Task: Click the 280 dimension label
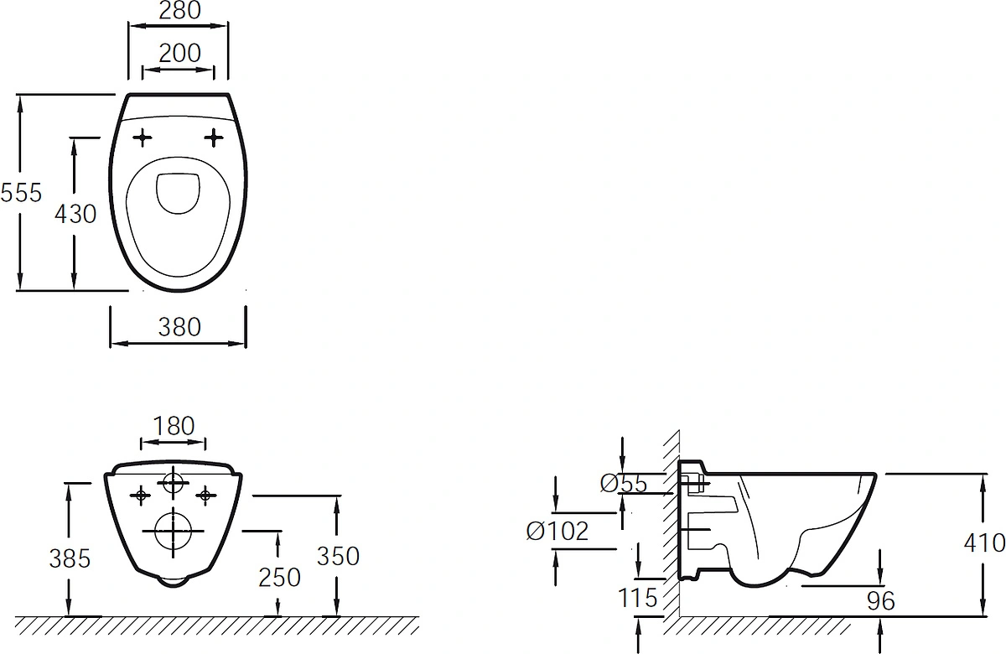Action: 179,10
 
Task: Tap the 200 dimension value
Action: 179,53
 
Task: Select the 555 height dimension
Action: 21,193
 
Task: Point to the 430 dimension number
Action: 75,214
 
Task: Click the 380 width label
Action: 179,327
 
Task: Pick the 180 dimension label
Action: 174,426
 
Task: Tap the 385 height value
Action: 70,559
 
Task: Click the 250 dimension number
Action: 279,578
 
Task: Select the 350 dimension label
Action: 338,557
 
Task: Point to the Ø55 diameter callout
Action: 624,484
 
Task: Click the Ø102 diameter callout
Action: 557,532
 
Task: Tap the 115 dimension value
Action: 638,598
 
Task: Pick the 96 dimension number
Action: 881,601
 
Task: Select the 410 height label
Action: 984,543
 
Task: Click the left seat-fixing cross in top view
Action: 143,138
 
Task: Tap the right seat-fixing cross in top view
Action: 214,138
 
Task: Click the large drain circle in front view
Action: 173,513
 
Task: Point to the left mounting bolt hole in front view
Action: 141,496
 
